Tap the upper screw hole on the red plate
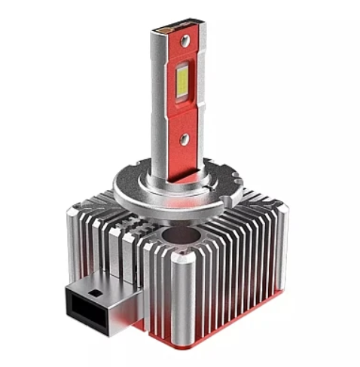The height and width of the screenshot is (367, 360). pos(185,39)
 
